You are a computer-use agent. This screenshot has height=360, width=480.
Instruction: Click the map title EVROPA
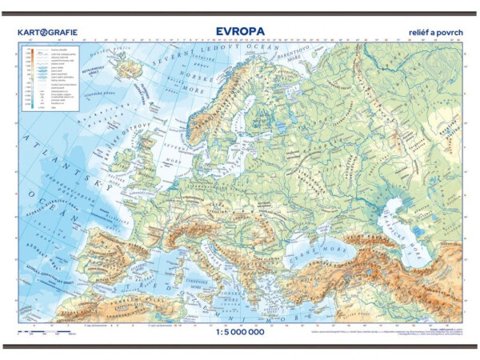pos(239,32)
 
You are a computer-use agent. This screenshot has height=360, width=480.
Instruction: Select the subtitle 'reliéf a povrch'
pos(434,33)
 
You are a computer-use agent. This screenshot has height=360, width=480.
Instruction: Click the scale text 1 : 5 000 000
pos(239,334)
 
